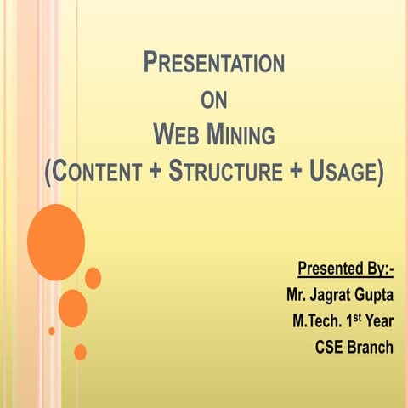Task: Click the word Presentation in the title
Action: pos(213,63)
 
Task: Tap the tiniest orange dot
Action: pos(52,331)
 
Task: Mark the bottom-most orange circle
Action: pos(80,352)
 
